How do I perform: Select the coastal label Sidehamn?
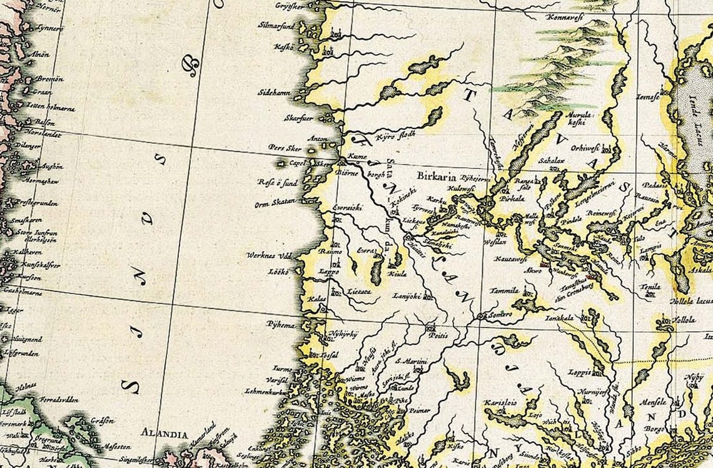(x=275, y=93)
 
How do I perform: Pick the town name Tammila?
(x=505, y=290)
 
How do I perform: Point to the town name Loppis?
(x=579, y=372)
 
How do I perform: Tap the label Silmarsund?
(x=276, y=26)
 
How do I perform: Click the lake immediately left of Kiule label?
(x=377, y=270)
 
